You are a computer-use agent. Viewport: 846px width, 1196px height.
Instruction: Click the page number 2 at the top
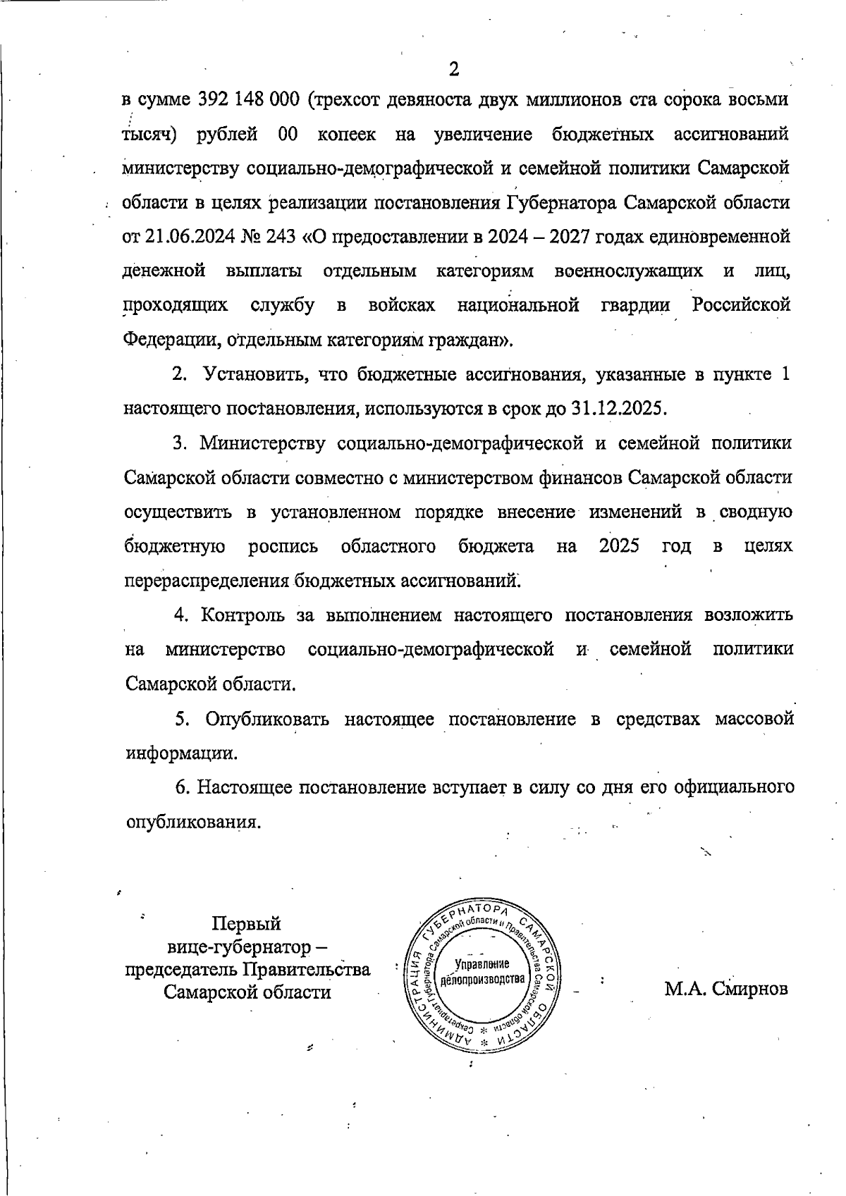[x=453, y=69]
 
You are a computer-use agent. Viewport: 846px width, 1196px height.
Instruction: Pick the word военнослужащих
[x=628, y=271]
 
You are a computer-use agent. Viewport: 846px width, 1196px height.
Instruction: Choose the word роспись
[x=283, y=547]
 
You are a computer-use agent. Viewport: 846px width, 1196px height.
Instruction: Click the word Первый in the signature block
[x=247, y=924]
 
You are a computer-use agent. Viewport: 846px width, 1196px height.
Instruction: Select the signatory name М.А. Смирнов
[x=726, y=989]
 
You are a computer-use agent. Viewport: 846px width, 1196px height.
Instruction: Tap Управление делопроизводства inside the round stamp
[x=482, y=973]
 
